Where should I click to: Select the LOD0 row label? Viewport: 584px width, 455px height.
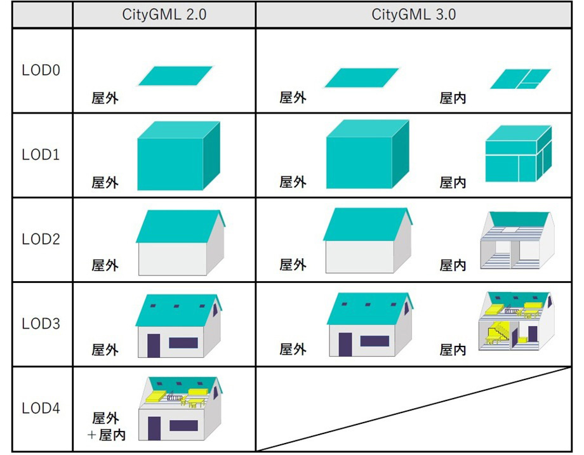coord(41,70)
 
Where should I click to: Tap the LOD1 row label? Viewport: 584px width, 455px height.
coord(41,155)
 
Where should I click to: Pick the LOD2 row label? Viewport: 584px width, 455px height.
coord(41,239)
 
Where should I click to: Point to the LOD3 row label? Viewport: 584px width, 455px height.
coord(41,324)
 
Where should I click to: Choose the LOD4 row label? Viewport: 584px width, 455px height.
coord(41,408)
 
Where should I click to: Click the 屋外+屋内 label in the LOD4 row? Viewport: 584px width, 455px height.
coord(105,426)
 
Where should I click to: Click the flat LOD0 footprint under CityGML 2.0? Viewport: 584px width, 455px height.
coord(175,76)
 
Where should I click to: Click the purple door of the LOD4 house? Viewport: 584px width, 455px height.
coord(154,428)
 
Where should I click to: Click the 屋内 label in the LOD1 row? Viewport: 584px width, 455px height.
coord(453,183)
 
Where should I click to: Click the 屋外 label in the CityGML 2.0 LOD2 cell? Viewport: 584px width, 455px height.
coord(105,265)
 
